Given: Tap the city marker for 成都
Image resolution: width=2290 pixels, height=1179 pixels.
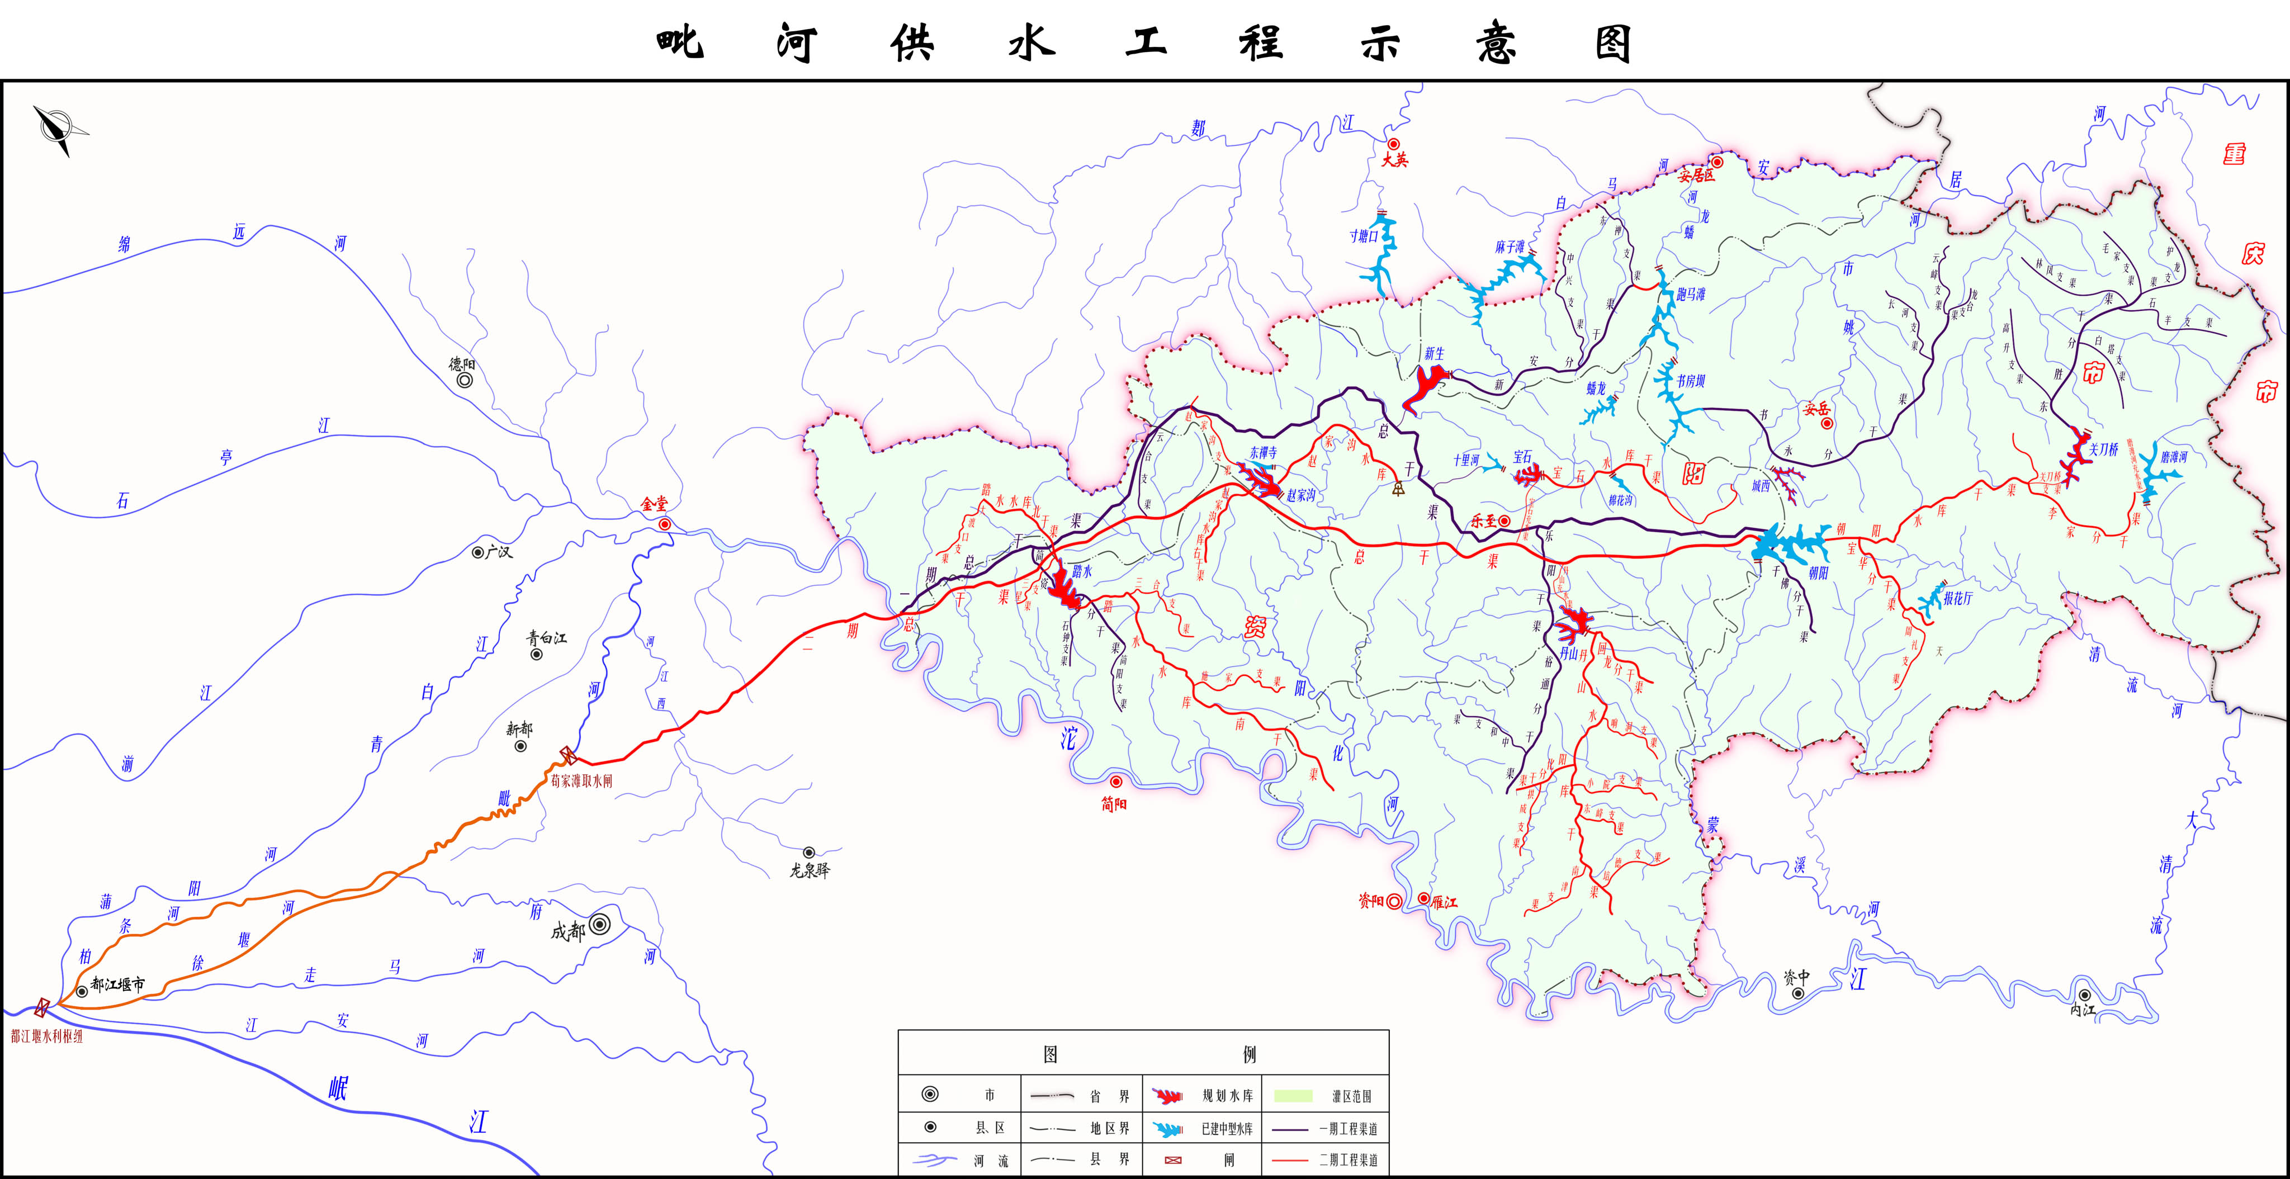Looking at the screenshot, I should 600,925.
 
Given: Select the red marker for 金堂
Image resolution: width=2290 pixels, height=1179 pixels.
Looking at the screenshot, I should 664,524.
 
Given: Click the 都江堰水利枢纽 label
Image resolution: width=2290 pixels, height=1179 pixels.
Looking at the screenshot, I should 46,1036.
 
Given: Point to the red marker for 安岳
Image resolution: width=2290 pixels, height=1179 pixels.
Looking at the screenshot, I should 1827,423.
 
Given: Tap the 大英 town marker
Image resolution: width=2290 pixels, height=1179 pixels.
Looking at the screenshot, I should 1394,144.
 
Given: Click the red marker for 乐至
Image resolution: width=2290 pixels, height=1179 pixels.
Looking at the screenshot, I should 1504,521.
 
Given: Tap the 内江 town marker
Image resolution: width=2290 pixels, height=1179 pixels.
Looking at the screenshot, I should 2084,995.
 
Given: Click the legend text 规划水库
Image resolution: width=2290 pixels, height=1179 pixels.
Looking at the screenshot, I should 1228,1096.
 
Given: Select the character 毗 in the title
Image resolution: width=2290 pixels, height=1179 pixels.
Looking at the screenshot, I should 680,42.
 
